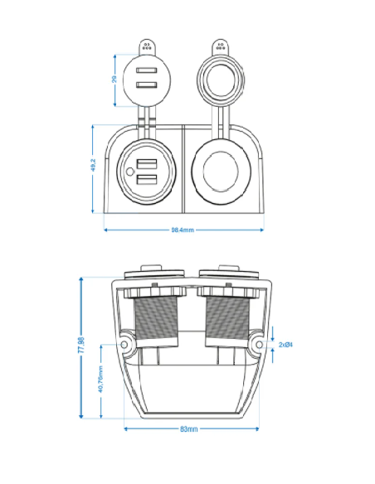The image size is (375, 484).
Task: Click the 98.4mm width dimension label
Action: coord(183,230)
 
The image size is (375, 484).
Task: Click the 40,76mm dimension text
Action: coord(100,381)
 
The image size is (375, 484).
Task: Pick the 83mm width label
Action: coord(188,429)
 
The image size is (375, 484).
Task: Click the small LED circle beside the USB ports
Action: coord(130,172)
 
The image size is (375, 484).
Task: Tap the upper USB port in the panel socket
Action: coord(148,164)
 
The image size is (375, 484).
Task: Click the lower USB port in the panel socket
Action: coord(148,180)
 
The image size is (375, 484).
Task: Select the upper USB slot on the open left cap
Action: coord(147,71)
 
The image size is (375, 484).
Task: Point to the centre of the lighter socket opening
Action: coord(221,172)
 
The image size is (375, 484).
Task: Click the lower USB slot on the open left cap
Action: coord(147,86)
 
